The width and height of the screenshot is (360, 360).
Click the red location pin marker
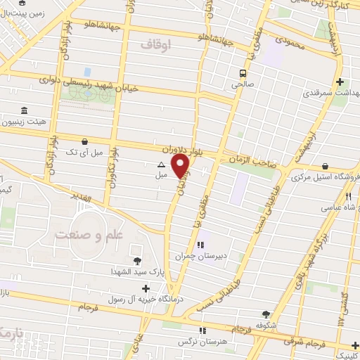pos(181,166)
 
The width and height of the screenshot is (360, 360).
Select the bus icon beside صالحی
pos(243,73)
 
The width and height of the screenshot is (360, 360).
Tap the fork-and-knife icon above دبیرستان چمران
pos(201,245)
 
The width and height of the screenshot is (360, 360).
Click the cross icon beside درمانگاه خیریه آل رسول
pos(146,288)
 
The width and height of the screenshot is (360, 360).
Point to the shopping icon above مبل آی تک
pos(85,141)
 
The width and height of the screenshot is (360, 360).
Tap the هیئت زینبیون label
pos(44,121)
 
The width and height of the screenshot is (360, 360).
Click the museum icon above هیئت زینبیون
pos(25,110)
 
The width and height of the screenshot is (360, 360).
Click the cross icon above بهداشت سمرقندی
pos(340,82)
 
